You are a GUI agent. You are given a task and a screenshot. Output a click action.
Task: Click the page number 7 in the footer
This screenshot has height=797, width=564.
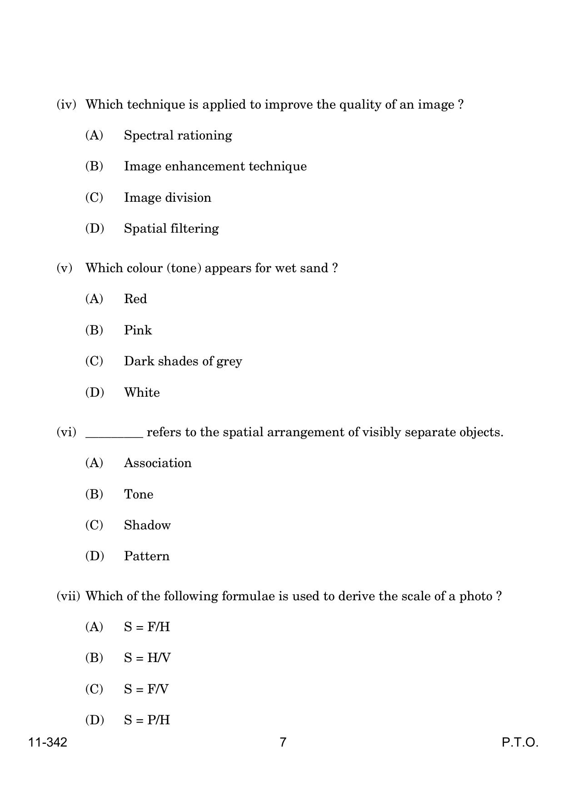pos(283,742)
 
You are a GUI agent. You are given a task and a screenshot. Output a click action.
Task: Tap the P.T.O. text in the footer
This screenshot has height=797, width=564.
pos(520,742)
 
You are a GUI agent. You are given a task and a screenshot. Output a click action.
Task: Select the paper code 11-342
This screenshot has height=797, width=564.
pos(48,742)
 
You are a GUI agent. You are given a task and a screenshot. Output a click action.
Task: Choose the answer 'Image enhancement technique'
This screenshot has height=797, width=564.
pos(215,166)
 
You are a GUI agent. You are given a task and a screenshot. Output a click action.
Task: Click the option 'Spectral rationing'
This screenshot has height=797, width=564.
pos(178,135)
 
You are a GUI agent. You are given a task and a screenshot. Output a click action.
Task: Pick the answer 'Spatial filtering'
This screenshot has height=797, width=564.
pos(171,228)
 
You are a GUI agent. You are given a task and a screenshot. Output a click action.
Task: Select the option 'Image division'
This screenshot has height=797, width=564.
pos(167,198)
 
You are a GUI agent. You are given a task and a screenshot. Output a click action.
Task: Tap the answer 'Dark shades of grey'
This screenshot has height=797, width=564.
pos(183,361)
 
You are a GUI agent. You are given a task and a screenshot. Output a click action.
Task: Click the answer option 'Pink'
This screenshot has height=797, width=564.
pos(138,330)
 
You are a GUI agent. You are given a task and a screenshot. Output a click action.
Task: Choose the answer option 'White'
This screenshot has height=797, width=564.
pos(142,392)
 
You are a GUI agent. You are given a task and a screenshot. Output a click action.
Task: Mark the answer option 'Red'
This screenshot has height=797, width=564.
pos(135,299)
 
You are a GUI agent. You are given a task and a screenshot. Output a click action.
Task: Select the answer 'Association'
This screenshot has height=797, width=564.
pos(158,463)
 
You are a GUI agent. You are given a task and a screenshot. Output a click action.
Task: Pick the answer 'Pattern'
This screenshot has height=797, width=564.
pos(146,556)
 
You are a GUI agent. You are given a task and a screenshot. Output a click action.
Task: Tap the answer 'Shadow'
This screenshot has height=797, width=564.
pos(147,525)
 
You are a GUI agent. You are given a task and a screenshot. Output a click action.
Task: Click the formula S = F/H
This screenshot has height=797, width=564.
pos(147,627)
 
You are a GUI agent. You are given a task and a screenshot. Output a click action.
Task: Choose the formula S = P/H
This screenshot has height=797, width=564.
pos(147,720)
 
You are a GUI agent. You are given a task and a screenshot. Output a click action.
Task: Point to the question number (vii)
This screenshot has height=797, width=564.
pos(68,596)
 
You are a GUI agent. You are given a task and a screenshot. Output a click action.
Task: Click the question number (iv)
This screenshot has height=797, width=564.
pos(66,105)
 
